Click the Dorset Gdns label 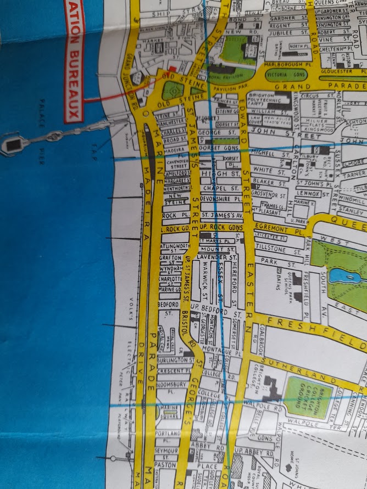tap(220, 147)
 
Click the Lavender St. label tap(217, 256)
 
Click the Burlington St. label tap(175, 361)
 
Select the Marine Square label tap(169, 409)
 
